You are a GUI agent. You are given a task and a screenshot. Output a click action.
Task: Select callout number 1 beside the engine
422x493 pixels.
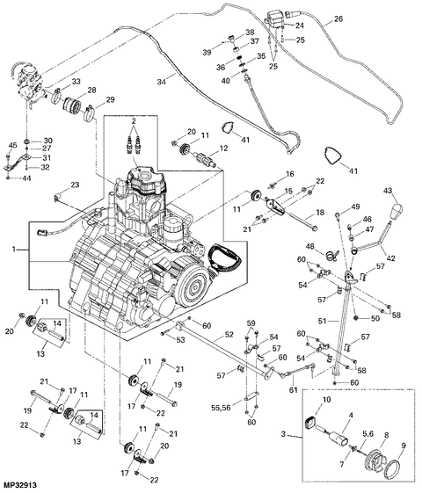click(12, 250)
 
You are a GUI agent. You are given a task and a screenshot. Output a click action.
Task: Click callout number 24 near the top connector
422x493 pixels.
click(299, 26)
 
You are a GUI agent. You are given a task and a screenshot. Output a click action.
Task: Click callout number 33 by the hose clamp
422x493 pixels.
click(76, 83)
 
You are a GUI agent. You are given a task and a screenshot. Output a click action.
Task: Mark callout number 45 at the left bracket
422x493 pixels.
click(12, 145)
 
